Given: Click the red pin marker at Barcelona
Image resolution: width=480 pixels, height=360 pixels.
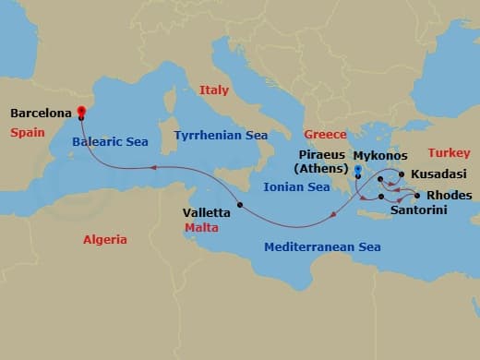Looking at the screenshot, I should click(x=81, y=114).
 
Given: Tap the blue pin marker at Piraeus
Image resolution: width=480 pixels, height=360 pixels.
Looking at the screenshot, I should click(x=357, y=171).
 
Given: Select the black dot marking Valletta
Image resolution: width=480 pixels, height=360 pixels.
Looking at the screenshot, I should click(x=239, y=205).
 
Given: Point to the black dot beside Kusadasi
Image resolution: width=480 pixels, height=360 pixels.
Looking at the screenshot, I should click(x=401, y=174).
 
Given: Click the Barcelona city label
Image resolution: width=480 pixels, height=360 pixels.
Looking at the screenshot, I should click(x=41, y=114).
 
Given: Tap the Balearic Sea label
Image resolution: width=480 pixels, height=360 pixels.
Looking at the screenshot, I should click(x=110, y=142).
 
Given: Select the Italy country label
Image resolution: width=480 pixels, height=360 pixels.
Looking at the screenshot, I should click(x=213, y=90).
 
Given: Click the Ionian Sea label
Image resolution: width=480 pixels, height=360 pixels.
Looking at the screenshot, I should click(x=296, y=186).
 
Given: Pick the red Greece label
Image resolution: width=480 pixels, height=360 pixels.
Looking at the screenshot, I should click(x=325, y=135).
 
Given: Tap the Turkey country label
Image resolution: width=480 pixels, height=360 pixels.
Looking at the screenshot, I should click(x=449, y=152).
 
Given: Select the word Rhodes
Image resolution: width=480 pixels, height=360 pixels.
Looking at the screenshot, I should click(x=449, y=196).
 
